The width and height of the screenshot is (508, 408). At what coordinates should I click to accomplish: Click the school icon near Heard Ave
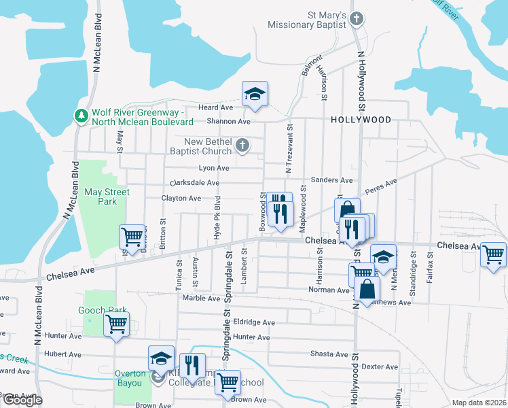click(x=255, y=94)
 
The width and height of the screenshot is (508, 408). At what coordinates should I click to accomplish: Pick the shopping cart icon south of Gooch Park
click(x=116, y=324)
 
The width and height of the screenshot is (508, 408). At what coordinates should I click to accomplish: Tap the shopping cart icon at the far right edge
click(x=494, y=255)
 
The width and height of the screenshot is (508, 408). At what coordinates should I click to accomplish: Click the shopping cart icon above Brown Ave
click(x=228, y=382)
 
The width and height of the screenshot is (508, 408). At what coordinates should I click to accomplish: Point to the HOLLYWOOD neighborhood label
click(x=361, y=120)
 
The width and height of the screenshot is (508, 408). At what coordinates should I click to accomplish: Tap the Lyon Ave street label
click(x=213, y=168)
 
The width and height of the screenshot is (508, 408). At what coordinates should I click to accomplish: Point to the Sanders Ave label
click(x=331, y=180)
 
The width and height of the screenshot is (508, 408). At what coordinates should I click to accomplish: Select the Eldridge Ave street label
click(x=254, y=322)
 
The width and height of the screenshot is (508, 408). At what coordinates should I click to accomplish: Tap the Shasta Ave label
click(x=329, y=354)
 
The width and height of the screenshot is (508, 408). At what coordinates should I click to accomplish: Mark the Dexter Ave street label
click(x=380, y=367)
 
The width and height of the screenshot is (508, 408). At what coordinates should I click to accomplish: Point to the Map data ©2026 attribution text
click(x=479, y=403)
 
